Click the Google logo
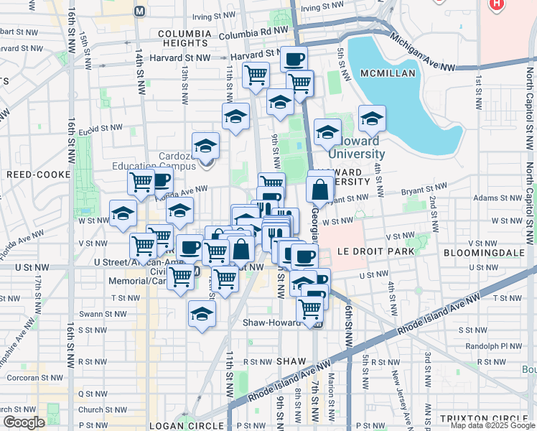click(24, 422)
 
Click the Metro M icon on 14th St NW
click(139, 11)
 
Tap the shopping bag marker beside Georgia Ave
click(319, 190)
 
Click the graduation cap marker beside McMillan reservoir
click(371, 119)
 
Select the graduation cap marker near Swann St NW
click(202, 313)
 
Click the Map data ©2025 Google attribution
click(492, 425)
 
